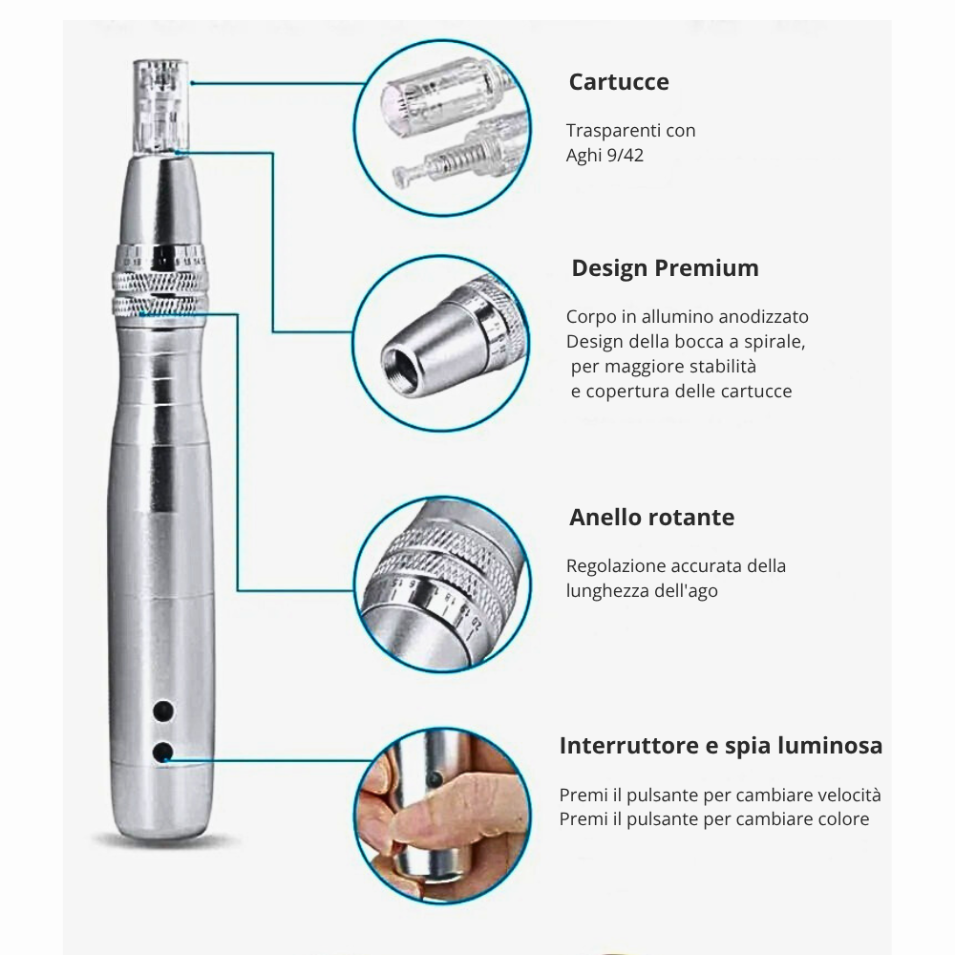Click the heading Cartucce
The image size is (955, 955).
618,82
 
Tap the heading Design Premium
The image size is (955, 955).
665,268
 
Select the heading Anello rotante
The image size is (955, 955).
651,518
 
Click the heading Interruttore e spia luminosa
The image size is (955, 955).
720,746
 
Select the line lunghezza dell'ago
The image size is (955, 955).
642,590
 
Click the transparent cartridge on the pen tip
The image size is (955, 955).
159,105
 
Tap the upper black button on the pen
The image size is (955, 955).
163,711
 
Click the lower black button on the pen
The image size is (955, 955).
163,753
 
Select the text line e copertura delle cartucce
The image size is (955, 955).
681,392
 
